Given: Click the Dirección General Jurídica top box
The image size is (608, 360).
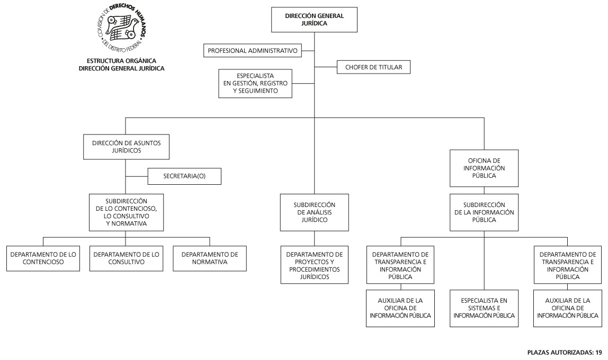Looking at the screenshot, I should [x=314, y=20].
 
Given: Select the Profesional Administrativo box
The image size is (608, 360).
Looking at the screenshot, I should [x=253, y=51].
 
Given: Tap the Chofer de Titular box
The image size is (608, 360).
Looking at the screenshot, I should [x=373, y=67].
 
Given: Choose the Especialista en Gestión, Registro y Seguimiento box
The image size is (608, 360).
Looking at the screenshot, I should [x=255, y=83].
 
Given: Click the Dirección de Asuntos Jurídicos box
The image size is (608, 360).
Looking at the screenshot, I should [x=126, y=147].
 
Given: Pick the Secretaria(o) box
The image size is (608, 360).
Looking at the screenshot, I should [x=184, y=176].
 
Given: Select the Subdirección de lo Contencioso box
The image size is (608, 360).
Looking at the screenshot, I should [x=126, y=212].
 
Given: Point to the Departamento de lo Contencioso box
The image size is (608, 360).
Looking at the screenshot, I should [x=42, y=258].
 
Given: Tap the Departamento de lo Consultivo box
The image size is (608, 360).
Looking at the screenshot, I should [x=126, y=258].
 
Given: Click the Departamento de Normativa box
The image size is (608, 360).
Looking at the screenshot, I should [x=210, y=258].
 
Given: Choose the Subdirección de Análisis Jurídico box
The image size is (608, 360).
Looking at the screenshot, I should [x=314, y=212].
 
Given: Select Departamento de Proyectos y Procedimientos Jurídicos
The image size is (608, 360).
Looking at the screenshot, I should [x=314, y=265].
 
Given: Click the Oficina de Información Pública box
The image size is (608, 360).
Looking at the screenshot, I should [x=484, y=168].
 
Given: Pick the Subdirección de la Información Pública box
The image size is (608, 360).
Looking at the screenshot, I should [x=484, y=212].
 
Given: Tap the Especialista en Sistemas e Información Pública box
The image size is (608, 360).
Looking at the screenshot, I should [x=484, y=308].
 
